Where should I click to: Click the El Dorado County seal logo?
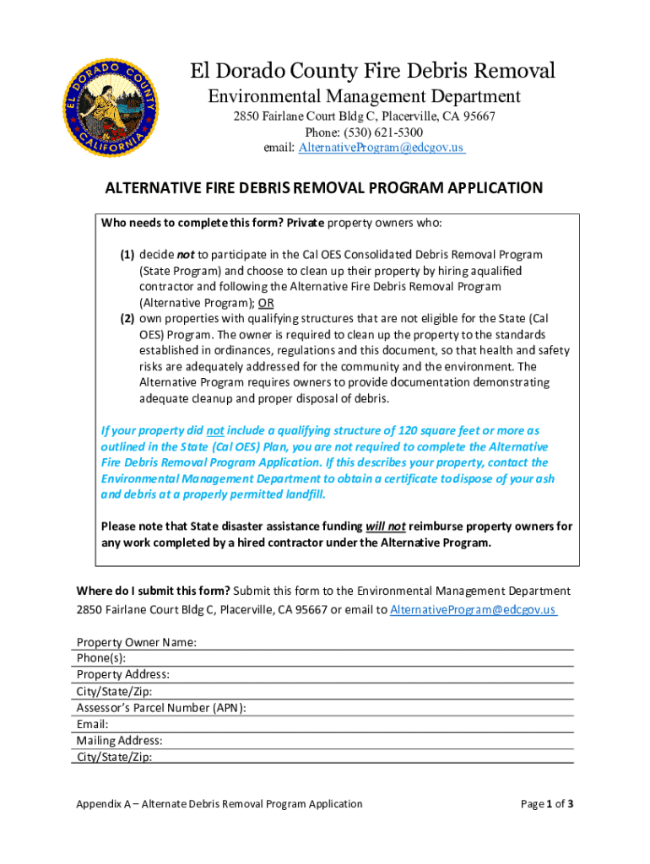110,110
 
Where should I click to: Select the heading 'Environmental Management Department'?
365,97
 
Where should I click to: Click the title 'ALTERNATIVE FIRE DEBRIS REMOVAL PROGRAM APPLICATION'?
323,188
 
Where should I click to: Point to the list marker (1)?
127,254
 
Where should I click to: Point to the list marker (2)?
127,319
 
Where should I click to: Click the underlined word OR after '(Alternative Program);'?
266,303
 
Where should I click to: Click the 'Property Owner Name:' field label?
137,642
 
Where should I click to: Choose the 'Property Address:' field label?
123,674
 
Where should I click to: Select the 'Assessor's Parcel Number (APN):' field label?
161,708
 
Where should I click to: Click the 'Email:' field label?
93,724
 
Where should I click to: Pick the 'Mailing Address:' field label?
120,741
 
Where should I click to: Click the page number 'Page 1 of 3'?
548,804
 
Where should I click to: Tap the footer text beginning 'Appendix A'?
219,804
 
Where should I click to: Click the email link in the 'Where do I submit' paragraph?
473,610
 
